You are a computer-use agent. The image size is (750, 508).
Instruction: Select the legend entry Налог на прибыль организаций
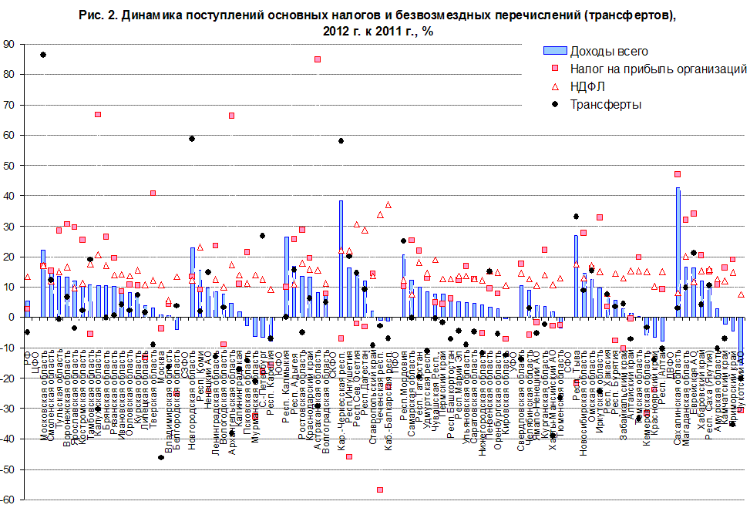658,69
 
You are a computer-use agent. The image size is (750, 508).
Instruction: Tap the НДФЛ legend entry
589,86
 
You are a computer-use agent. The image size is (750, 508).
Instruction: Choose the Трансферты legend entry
605,104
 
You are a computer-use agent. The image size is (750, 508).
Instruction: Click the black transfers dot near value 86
43,55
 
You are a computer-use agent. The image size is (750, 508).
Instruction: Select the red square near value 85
318,59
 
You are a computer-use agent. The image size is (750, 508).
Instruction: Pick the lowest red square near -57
380,489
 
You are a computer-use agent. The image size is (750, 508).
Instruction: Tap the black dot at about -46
161,457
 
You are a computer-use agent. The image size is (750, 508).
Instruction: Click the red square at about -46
349,456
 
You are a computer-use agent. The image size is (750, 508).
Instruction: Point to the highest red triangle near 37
388,205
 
